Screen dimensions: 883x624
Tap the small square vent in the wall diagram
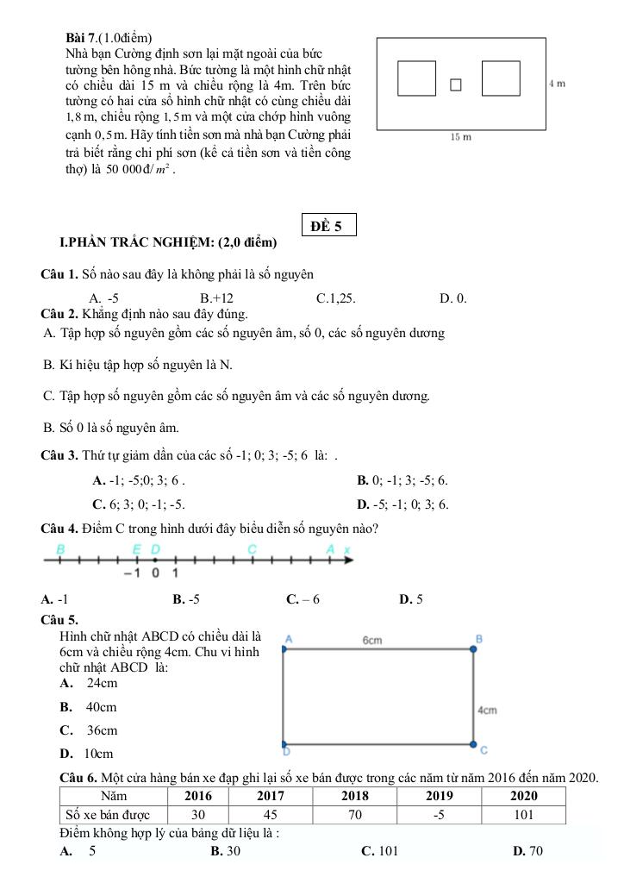coord(456,85)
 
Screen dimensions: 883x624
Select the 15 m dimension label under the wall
coord(461,136)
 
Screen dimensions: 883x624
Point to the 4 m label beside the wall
coord(557,83)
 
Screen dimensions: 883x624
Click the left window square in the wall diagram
coord(416,78)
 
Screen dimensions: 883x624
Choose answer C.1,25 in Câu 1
coord(336,298)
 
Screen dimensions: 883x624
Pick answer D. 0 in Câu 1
coord(452,298)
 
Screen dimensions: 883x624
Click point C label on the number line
coord(252,548)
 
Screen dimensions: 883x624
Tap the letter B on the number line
coord(60,548)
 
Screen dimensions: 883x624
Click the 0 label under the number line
coord(156,573)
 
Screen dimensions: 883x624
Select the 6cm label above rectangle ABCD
coord(372,640)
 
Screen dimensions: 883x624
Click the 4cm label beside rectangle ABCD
coord(487,710)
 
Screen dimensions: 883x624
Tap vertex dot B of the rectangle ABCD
coord(472,649)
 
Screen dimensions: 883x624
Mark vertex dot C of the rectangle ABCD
coord(472,743)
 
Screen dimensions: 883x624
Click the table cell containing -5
coord(439,815)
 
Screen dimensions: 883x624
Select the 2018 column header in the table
coord(354,796)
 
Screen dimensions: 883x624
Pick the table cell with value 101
coord(523,815)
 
